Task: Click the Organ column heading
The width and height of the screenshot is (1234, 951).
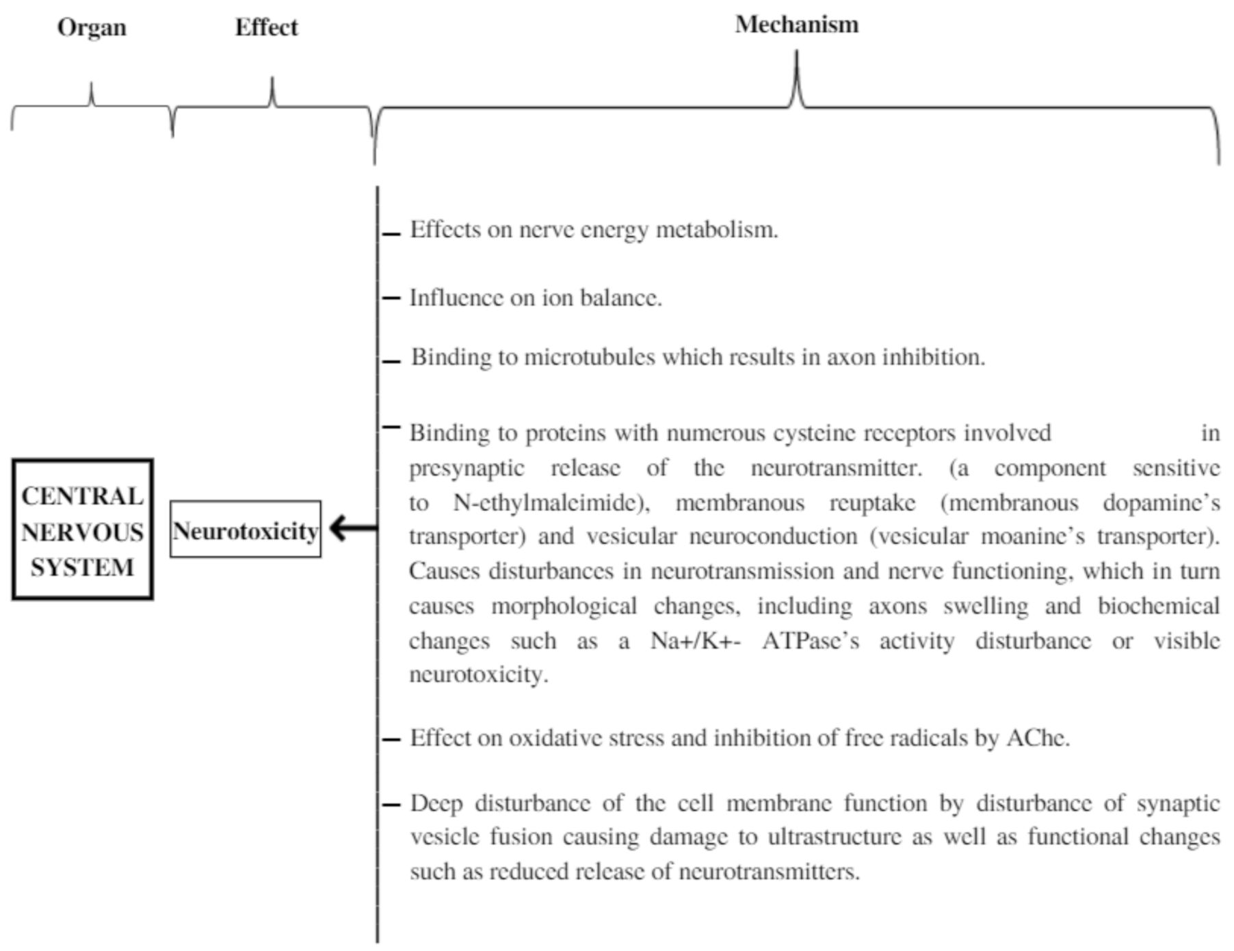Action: tap(92, 28)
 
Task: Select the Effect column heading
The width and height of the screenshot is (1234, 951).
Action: tap(266, 28)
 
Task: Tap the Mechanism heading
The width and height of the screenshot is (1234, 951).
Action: tap(796, 25)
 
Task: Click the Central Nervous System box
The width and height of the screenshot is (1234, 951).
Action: tap(82, 530)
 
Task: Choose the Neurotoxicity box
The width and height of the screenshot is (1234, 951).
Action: tap(245, 530)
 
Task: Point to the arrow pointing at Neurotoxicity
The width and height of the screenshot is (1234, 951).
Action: tap(352, 527)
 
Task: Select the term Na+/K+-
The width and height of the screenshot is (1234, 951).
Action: tap(695, 641)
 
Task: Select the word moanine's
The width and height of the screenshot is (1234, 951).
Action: tap(1032, 536)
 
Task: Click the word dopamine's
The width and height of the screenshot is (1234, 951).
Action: tap(1161, 503)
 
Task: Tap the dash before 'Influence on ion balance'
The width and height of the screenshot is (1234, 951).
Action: tap(391, 298)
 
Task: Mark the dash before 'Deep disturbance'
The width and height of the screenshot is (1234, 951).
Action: tap(391, 805)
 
